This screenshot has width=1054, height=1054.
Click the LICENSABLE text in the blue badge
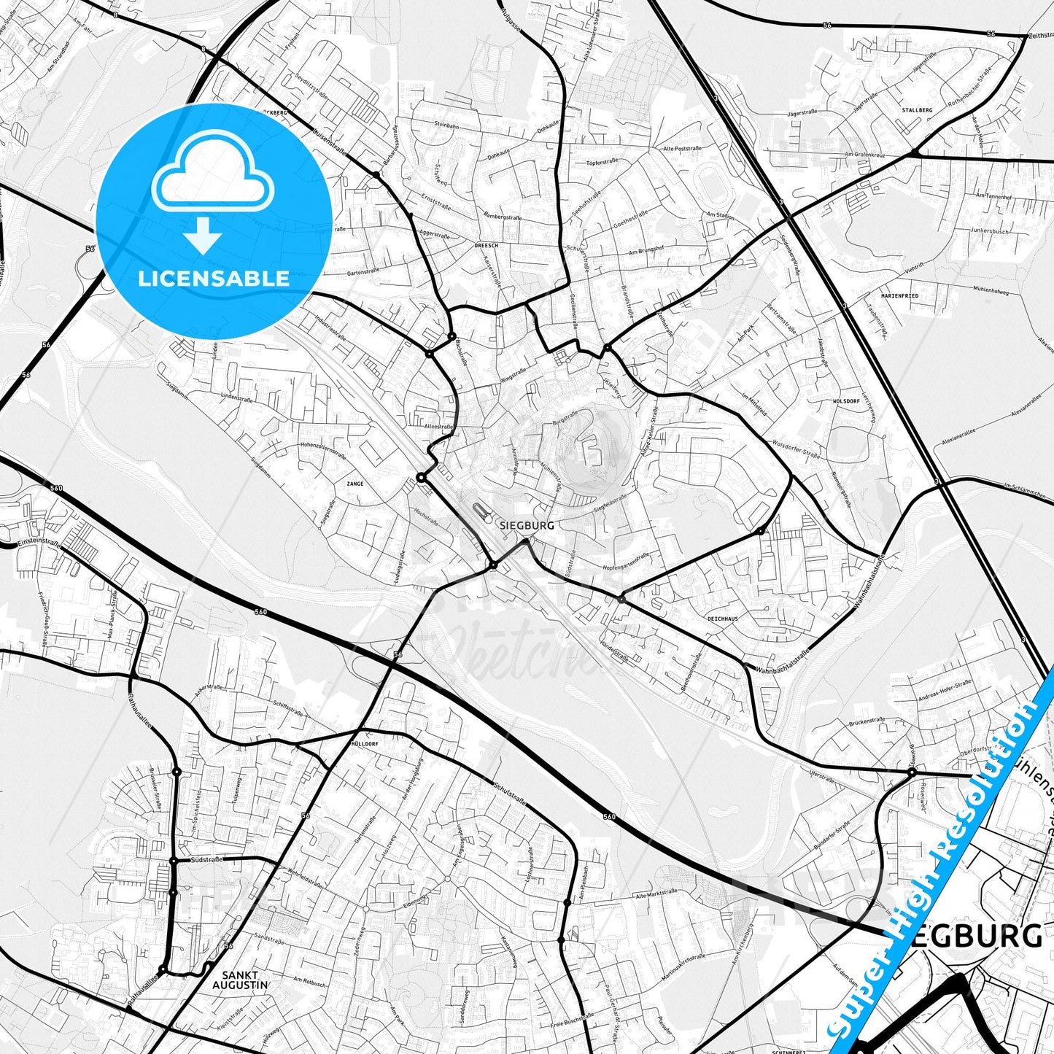point(214,278)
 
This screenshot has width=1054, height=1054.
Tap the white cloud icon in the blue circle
point(212,176)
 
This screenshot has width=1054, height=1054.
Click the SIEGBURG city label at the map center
point(527,525)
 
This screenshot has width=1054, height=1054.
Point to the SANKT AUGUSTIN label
point(240,980)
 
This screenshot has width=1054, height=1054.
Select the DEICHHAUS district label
point(722,619)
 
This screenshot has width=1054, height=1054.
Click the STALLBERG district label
point(917,110)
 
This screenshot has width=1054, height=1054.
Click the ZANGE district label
point(355,484)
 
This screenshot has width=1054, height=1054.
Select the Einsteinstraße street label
point(38,543)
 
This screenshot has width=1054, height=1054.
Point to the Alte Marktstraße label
point(656,894)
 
